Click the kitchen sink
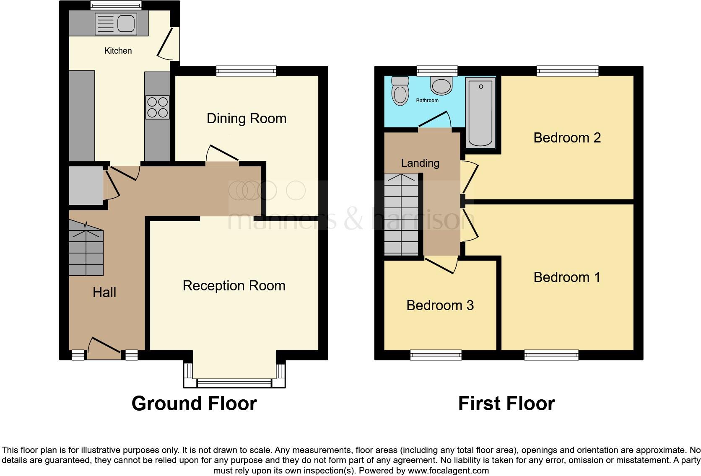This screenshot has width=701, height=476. (116, 23)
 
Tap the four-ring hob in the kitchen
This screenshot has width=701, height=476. (158, 107)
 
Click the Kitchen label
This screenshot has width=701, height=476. (118, 51)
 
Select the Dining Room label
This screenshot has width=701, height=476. (247, 119)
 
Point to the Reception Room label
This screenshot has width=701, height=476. (234, 286)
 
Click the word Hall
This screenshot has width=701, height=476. (104, 292)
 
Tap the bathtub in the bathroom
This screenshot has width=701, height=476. (480, 113)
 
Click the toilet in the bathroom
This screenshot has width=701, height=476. (400, 91)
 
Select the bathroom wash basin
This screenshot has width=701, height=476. (441, 86)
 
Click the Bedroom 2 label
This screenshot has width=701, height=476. (567, 137)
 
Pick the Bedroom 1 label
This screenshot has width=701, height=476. (567, 277)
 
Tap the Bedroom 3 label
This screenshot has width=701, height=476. (440, 305)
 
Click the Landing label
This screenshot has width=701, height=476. (420, 163)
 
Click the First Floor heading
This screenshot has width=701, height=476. (506, 404)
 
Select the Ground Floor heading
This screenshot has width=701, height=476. (194, 404)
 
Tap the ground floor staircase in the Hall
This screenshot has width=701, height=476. (86, 251)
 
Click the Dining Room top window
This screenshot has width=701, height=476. (246, 71)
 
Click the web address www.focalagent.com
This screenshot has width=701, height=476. (448, 471)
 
